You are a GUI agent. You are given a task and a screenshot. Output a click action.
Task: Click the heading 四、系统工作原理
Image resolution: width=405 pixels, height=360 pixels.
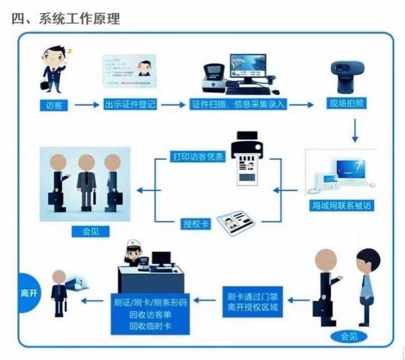click(x=66, y=18)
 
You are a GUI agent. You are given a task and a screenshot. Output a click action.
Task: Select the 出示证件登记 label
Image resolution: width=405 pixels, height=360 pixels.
click(x=130, y=105)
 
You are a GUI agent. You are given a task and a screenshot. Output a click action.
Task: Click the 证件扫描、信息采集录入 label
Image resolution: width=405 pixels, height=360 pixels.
click(x=239, y=105)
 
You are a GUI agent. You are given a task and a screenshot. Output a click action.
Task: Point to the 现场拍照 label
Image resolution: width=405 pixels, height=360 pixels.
click(x=347, y=105)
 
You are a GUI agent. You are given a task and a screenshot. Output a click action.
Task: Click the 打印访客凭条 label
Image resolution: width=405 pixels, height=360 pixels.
click(x=197, y=156)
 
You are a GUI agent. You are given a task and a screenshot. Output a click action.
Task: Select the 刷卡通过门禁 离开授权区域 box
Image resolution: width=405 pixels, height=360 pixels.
click(x=252, y=301)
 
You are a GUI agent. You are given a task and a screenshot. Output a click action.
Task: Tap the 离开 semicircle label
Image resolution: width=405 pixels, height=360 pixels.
click(x=28, y=293)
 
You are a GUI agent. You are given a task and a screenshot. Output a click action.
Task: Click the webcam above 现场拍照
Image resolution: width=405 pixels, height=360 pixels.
click(x=348, y=75)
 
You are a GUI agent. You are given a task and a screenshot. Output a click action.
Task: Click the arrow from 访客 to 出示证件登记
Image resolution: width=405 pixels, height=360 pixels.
click(x=87, y=105)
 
